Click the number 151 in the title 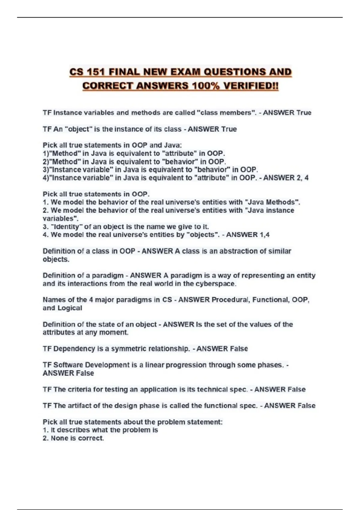pos(95,72)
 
